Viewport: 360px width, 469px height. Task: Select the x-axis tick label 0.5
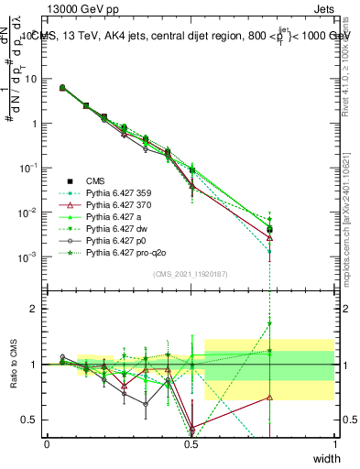tap(191, 444)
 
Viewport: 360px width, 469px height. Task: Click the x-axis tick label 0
tap(47, 444)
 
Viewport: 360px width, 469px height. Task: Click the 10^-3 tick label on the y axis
tap(29, 256)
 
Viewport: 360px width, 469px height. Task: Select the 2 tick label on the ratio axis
tap(37, 309)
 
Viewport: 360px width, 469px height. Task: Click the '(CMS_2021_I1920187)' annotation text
tap(191, 275)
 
